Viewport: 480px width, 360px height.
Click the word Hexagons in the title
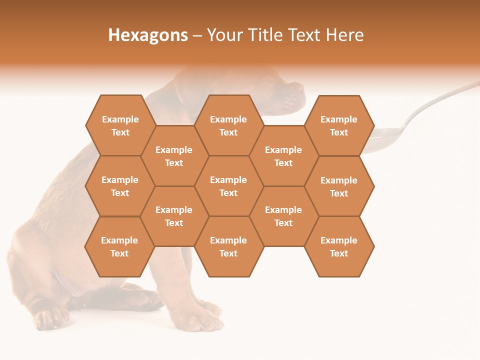click(148, 35)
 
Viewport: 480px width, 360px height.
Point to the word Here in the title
click(344, 35)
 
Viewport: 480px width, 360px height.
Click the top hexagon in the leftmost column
click(120, 125)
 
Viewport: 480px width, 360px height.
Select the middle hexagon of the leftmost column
click(120, 186)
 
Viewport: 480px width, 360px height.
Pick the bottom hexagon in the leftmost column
click(119, 246)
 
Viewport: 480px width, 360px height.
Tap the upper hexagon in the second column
click(174, 156)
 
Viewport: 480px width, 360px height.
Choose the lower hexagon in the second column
click(174, 216)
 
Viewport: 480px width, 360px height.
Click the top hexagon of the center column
click(228, 125)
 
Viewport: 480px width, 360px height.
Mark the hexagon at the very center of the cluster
click(228, 186)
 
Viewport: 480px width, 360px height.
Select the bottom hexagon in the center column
click(228, 246)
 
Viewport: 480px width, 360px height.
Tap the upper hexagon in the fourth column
click(283, 156)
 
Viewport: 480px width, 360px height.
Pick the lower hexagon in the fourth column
click(283, 216)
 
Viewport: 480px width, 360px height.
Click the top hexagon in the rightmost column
click(339, 125)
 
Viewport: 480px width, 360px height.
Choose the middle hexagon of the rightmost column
click(339, 186)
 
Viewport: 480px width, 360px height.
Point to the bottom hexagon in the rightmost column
click(339, 246)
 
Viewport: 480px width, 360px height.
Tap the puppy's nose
click(300, 90)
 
